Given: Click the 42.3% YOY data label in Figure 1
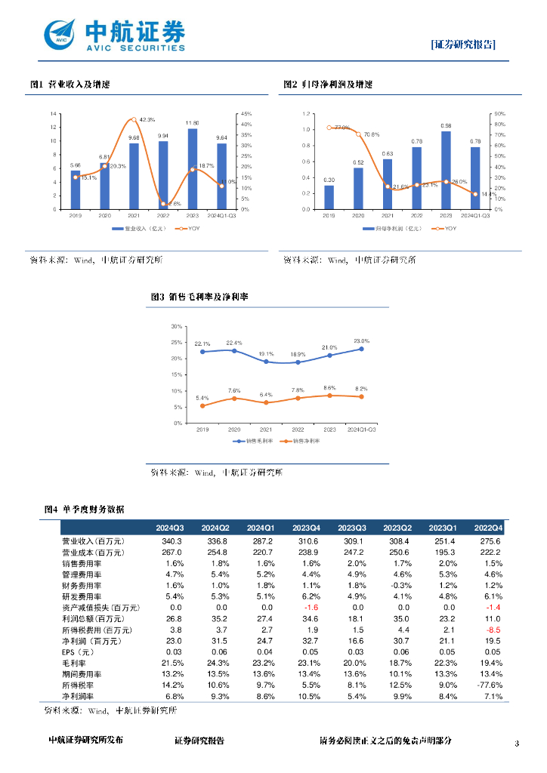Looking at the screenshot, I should pyautogui.click(x=147, y=119).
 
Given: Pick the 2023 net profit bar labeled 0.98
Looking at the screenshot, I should pyautogui.click(x=446, y=170).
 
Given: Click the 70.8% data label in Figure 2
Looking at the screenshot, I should pyautogui.click(x=371, y=134).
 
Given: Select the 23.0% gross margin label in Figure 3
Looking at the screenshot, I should pyautogui.click(x=361, y=341).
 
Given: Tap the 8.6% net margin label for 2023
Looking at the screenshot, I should pyautogui.click(x=329, y=387).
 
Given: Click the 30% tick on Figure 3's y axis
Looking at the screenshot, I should pyautogui.click(x=177, y=327).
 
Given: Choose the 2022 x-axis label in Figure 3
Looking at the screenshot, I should pyautogui.click(x=298, y=429).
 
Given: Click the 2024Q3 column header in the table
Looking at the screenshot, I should pyautogui.click(x=170, y=527).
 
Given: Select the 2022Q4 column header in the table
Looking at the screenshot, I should pyautogui.click(x=489, y=527).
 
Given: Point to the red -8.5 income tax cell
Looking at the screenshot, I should pyautogui.click(x=493, y=630).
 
